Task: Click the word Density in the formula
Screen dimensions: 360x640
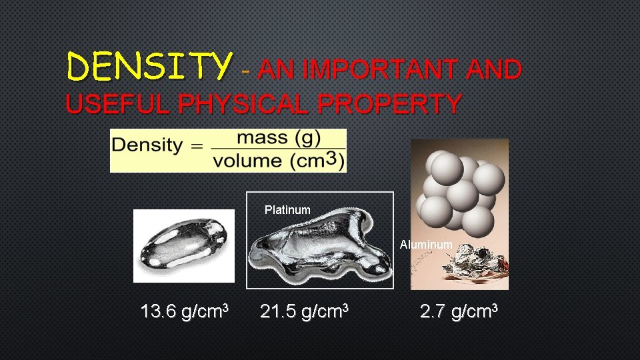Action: (147, 145)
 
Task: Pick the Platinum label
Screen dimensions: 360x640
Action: (287, 210)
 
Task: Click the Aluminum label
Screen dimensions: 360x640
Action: (426, 245)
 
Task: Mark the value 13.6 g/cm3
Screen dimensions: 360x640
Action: (185, 311)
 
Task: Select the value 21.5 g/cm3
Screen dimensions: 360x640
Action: (305, 311)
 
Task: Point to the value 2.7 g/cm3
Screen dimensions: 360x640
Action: (459, 311)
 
